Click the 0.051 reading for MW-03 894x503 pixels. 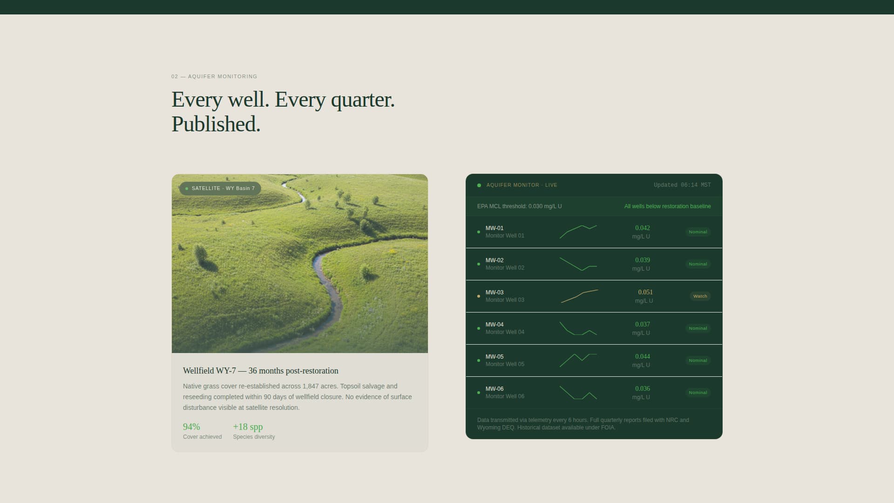pyautogui.click(x=645, y=292)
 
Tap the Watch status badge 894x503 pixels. pyautogui.click(x=700, y=296)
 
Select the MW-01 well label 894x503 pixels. pyautogui.click(x=494, y=228)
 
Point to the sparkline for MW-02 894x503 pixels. pyautogui.click(x=578, y=264)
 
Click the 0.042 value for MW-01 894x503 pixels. pyautogui.click(x=643, y=228)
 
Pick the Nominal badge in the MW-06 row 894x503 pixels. pyautogui.click(x=698, y=393)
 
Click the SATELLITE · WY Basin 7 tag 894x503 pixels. pyautogui.click(x=220, y=188)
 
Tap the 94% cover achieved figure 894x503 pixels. pyautogui.click(x=191, y=427)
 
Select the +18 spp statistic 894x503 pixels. pyautogui.click(x=248, y=427)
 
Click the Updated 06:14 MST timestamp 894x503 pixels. pyautogui.click(x=682, y=185)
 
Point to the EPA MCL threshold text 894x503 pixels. pyautogui.click(x=520, y=206)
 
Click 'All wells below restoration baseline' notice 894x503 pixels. pyautogui.click(x=668, y=206)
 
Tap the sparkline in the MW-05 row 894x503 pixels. pyautogui.click(x=578, y=360)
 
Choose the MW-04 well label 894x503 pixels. pyautogui.click(x=494, y=325)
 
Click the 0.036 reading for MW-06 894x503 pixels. pyautogui.click(x=643, y=388)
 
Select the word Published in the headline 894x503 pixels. pyautogui.click(x=216, y=124)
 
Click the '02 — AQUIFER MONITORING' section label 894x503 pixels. pyautogui.click(x=214, y=76)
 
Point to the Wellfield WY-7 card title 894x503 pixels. pyautogui.click(x=261, y=371)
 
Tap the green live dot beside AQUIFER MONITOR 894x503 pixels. pyautogui.click(x=479, y=185)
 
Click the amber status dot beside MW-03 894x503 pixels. pyautogui.click(x=479, y=296)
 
